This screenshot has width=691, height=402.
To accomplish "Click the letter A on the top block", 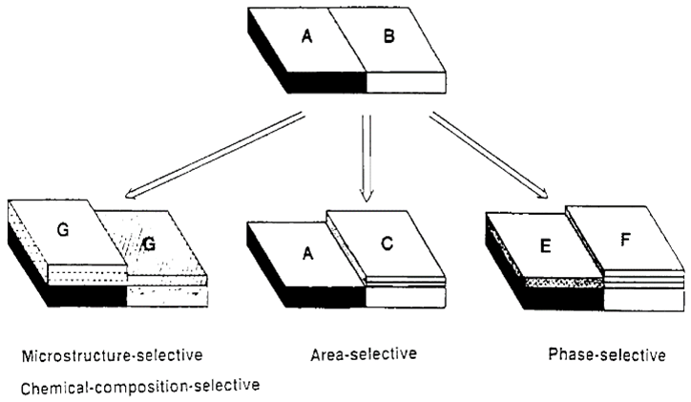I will coord(306,37).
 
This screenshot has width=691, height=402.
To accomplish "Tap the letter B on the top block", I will coord(387,39).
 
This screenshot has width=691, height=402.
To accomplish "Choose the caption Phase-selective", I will coord(607,355).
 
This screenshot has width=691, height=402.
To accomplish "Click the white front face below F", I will coord(641,300).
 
